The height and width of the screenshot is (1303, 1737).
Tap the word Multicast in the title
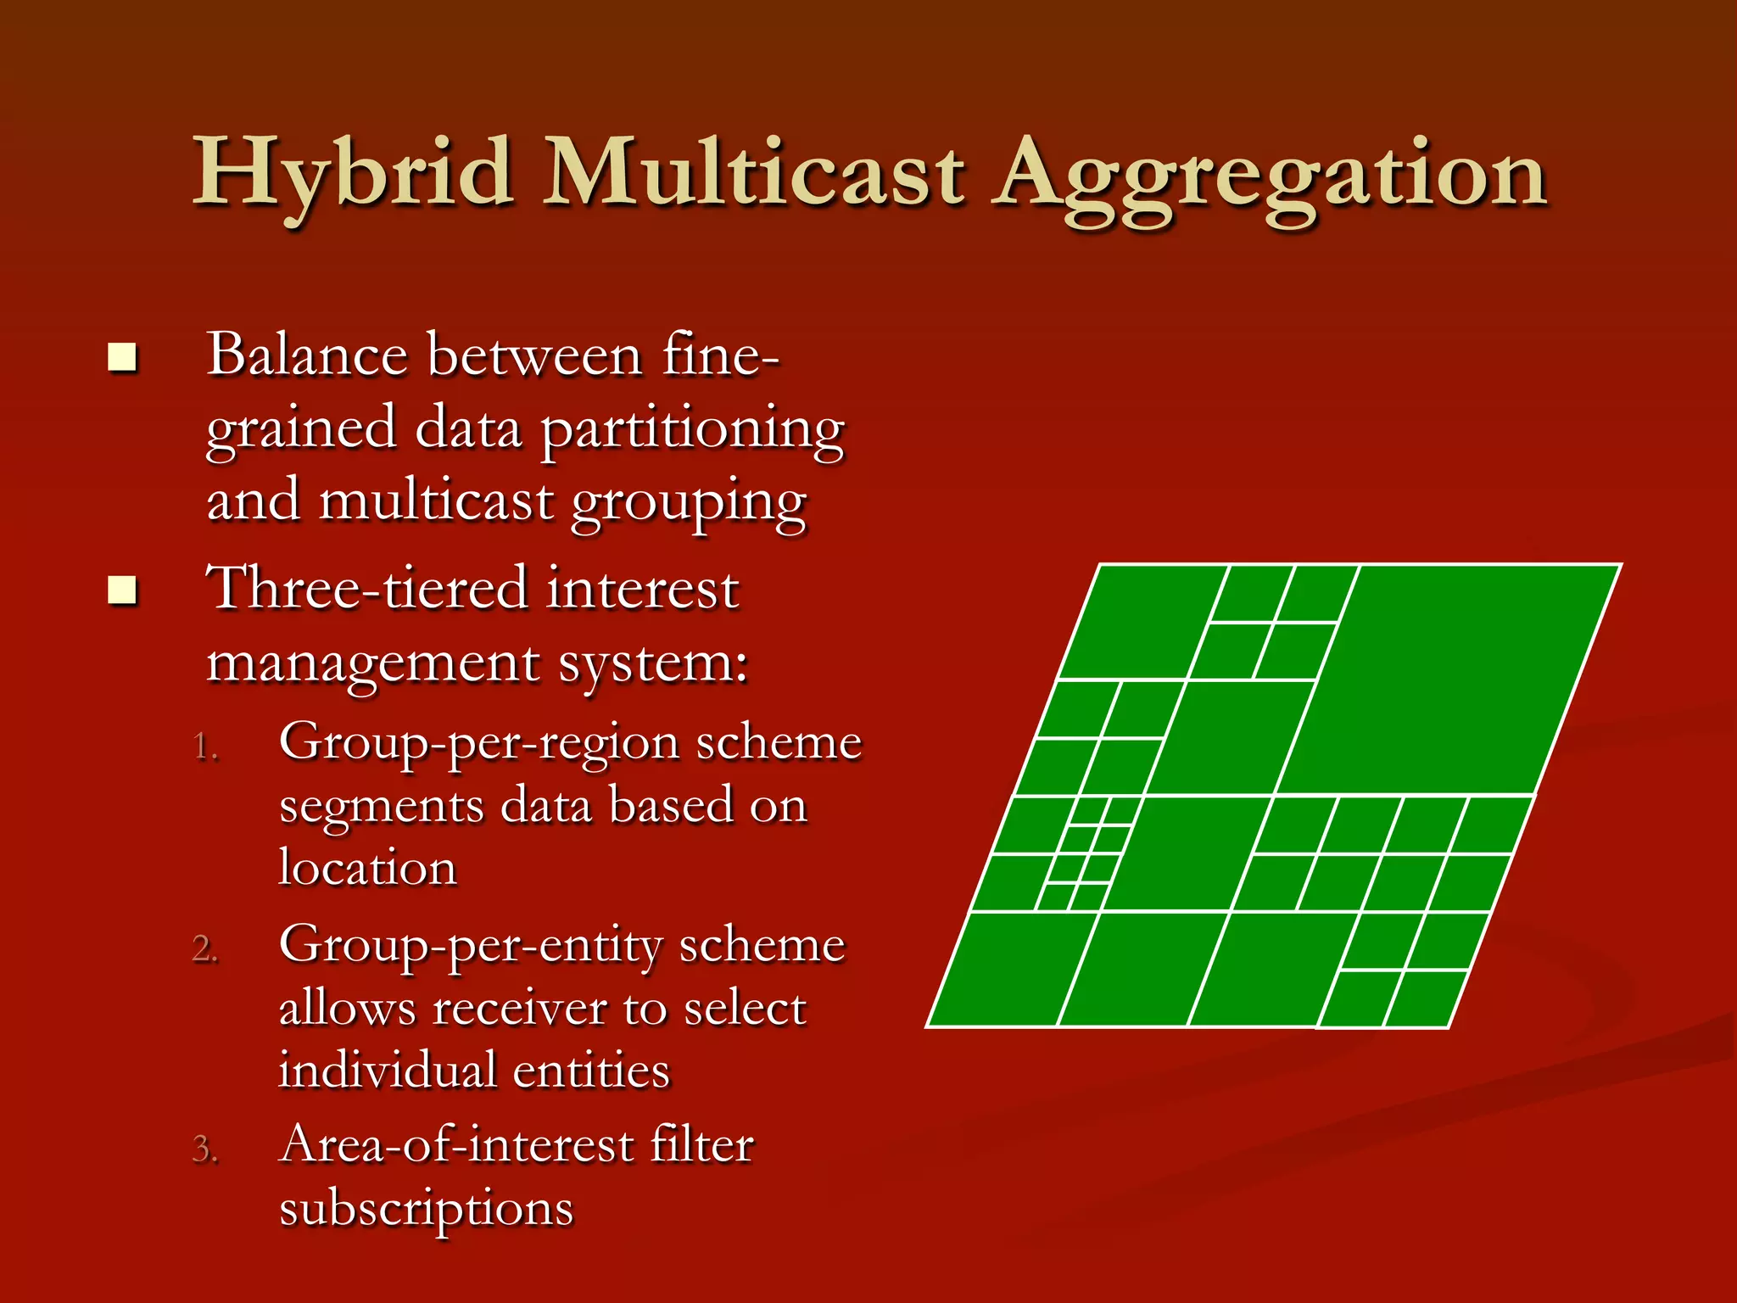point(753,174)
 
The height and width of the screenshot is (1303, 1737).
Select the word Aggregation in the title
point(1270,178)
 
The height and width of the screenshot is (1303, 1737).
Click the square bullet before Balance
point(123,358)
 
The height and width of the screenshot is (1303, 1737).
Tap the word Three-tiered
point(366,588)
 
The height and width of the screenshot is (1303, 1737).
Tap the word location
point(368,869)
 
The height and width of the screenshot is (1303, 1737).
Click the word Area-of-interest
point(456,1146)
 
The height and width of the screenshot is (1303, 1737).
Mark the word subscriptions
point(426,1210)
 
